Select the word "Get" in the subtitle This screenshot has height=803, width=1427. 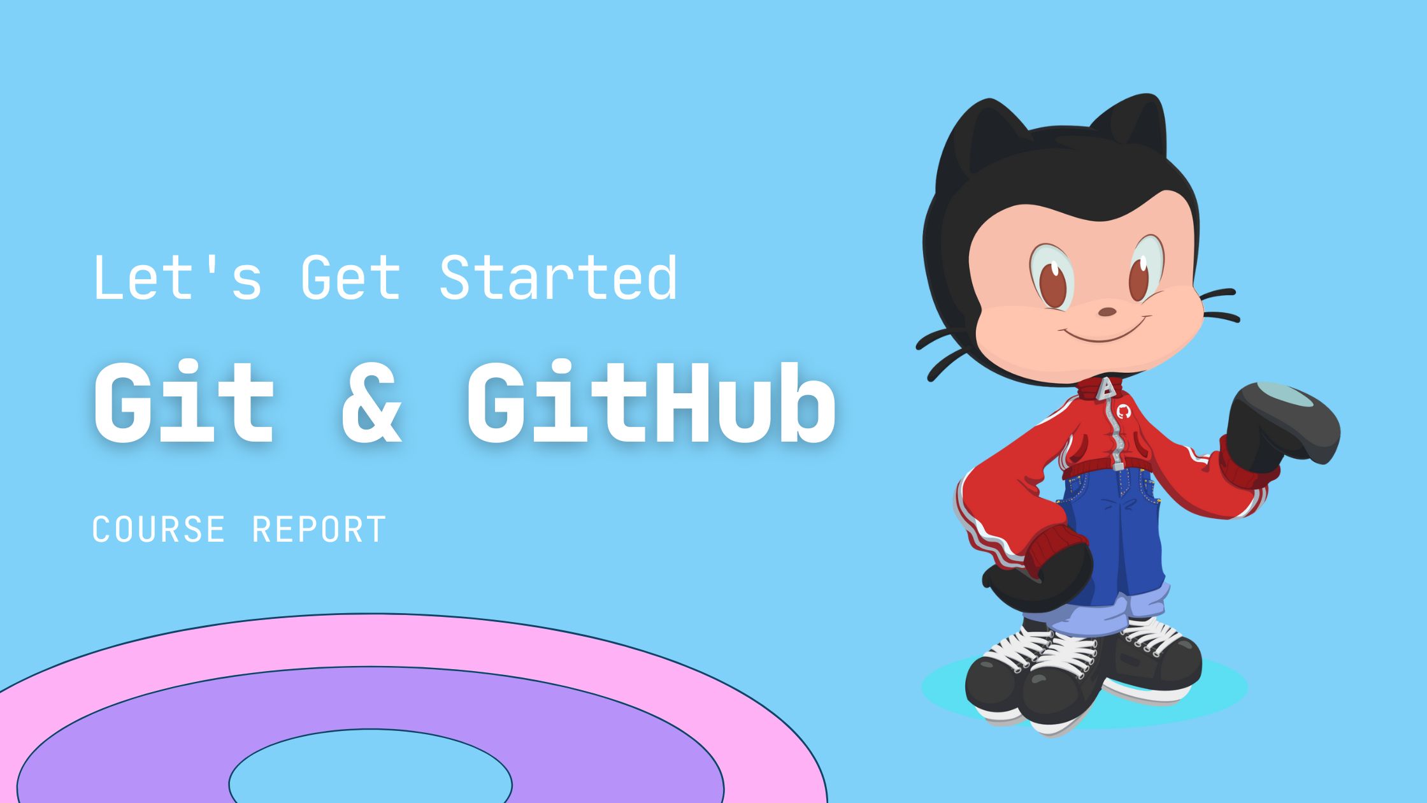coord(350,277)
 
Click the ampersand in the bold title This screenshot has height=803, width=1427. coord(372,402)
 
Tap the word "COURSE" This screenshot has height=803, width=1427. coord(159,529)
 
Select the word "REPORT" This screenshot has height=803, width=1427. coord(319,529)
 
